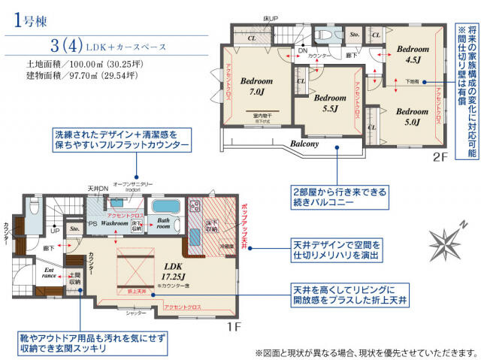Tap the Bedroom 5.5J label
tap(329, 103)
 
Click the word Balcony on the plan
tap(301, 144)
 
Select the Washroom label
tap(114, 223)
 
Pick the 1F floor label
tap(232, 328)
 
